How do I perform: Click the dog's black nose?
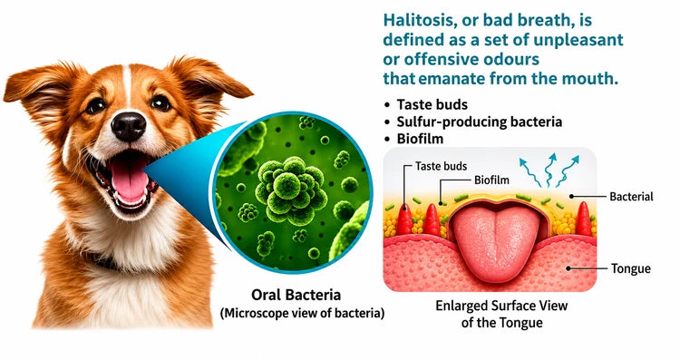[129, 126]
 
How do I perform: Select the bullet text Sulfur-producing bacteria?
[480, 122]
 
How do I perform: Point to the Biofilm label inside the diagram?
[491, 180]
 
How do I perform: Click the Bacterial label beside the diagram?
[631, 197]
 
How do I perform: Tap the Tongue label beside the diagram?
[630, 268]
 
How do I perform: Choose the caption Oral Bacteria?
[296, 295]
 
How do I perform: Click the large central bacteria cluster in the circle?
[291, 190]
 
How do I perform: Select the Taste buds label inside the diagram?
[441, 166]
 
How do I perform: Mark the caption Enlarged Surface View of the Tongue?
[501, 314]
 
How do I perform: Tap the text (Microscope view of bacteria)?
[302, 313]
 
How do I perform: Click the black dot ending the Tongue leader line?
[568, 268]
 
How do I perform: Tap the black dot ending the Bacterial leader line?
[571, 197]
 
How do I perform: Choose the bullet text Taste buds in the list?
[432, 104]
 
